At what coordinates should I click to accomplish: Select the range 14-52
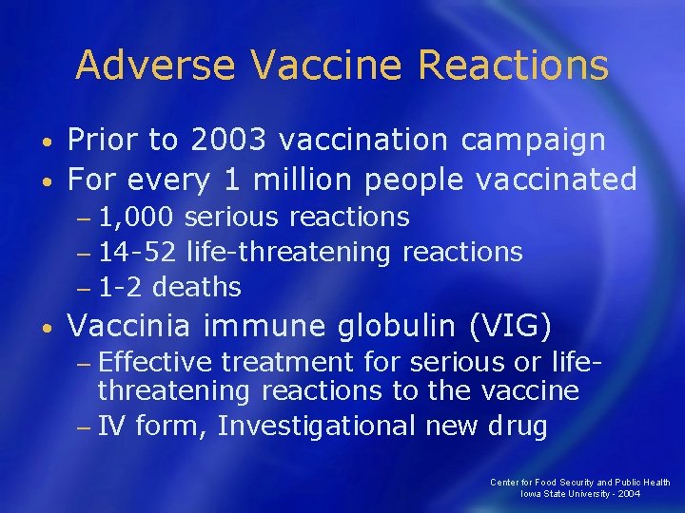pyautogui.click(x=139, y=252)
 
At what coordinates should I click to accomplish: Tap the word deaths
pyautogui.click(x=197, y=286)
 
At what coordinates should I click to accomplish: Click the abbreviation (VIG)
pyautogui.click(x=511, y=326)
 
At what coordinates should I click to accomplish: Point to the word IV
pyautogui.click(x=111, y=427)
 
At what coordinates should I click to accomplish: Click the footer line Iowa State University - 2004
pyautogui.click(x=580, y=494)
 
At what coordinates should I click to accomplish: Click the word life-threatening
pyautogui.click(x=289, y=252)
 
